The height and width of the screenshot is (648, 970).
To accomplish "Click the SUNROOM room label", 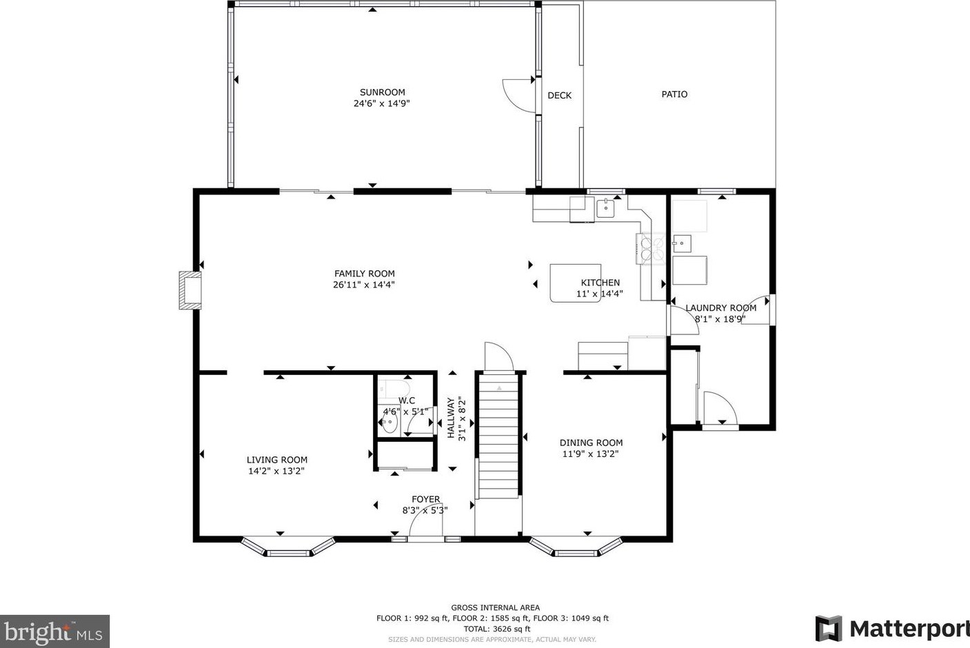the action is (x=383, y=92).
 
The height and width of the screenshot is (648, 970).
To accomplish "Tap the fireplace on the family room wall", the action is (x=190, y=290).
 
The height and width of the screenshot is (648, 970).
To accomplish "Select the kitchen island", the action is (x=576, y=283).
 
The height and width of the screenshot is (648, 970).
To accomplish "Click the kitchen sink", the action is (x=606, y=208).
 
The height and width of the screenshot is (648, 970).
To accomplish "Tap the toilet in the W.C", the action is (x=393, y=389).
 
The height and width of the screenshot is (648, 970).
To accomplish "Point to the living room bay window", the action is (x=288, y=547).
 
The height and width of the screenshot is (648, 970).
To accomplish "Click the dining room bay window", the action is (x=576, y=547).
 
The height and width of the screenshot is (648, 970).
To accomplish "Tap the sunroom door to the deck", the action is (x=518, y=96).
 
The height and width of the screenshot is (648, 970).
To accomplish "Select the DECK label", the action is (x=560, y=95).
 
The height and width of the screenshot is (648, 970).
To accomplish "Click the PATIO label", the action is (x=674, y=94).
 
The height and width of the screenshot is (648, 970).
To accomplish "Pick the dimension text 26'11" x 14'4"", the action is (x=364, y=285).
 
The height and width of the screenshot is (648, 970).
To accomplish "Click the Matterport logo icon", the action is (x=829, y=628).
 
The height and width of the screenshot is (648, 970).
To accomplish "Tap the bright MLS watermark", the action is (x=54, y=631).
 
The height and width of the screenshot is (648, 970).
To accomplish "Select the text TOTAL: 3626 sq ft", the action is (x=496, y=629).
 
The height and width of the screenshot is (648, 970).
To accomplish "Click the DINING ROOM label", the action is (x=591, y=443).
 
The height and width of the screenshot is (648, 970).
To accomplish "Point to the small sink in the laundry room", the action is (x=682, y=243).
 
